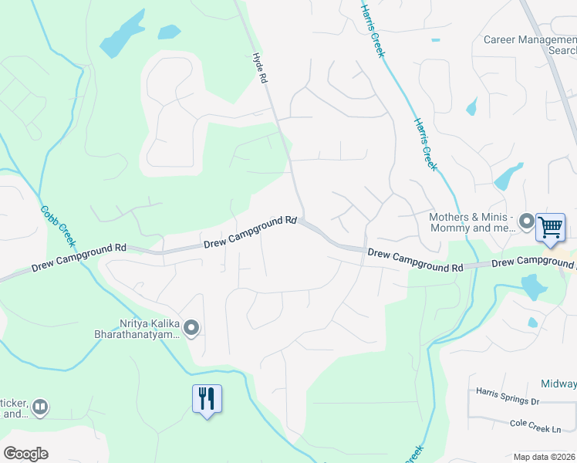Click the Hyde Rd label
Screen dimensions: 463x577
coord(260,69)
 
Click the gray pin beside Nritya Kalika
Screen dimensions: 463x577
coord(192,329)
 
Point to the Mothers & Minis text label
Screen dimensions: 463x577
coord(471,223)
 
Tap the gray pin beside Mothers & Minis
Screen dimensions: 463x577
coord(527,222)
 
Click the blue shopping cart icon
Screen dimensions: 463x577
coord(550,227)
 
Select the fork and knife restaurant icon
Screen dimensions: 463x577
coord(207,399)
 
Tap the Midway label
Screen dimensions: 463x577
coord(558,384)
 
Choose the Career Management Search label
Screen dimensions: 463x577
coord(531,45)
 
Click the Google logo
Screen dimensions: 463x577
coord(25,454)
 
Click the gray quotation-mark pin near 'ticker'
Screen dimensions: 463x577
coord(40,406)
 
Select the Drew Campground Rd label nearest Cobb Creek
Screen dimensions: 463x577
coord(79,258)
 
